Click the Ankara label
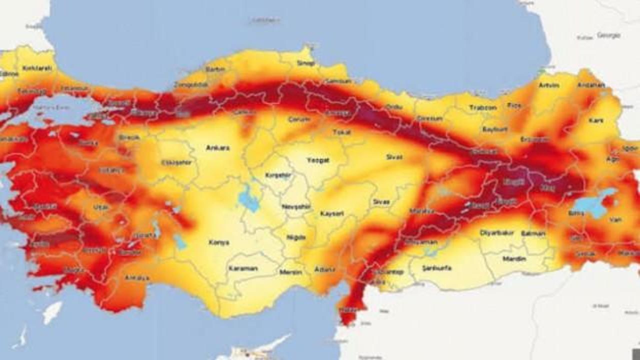tap(218, 148)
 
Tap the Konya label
tap(219, 242)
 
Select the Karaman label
tap(243, 268)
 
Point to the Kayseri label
tap(332, 213)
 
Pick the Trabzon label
tap(483, 107)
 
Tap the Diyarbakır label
tap(496, 233)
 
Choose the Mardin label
tap(514, 259)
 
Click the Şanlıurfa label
tap(437, 268)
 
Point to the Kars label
tap(596, 120)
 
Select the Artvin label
tap(549, 85)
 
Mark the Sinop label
tap(306, 63)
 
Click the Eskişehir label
tap(176, 162)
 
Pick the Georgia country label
tap(608, 35)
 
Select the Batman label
tap(532, 233)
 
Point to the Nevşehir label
tap(296, 206)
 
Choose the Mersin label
tap(290, 272)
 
